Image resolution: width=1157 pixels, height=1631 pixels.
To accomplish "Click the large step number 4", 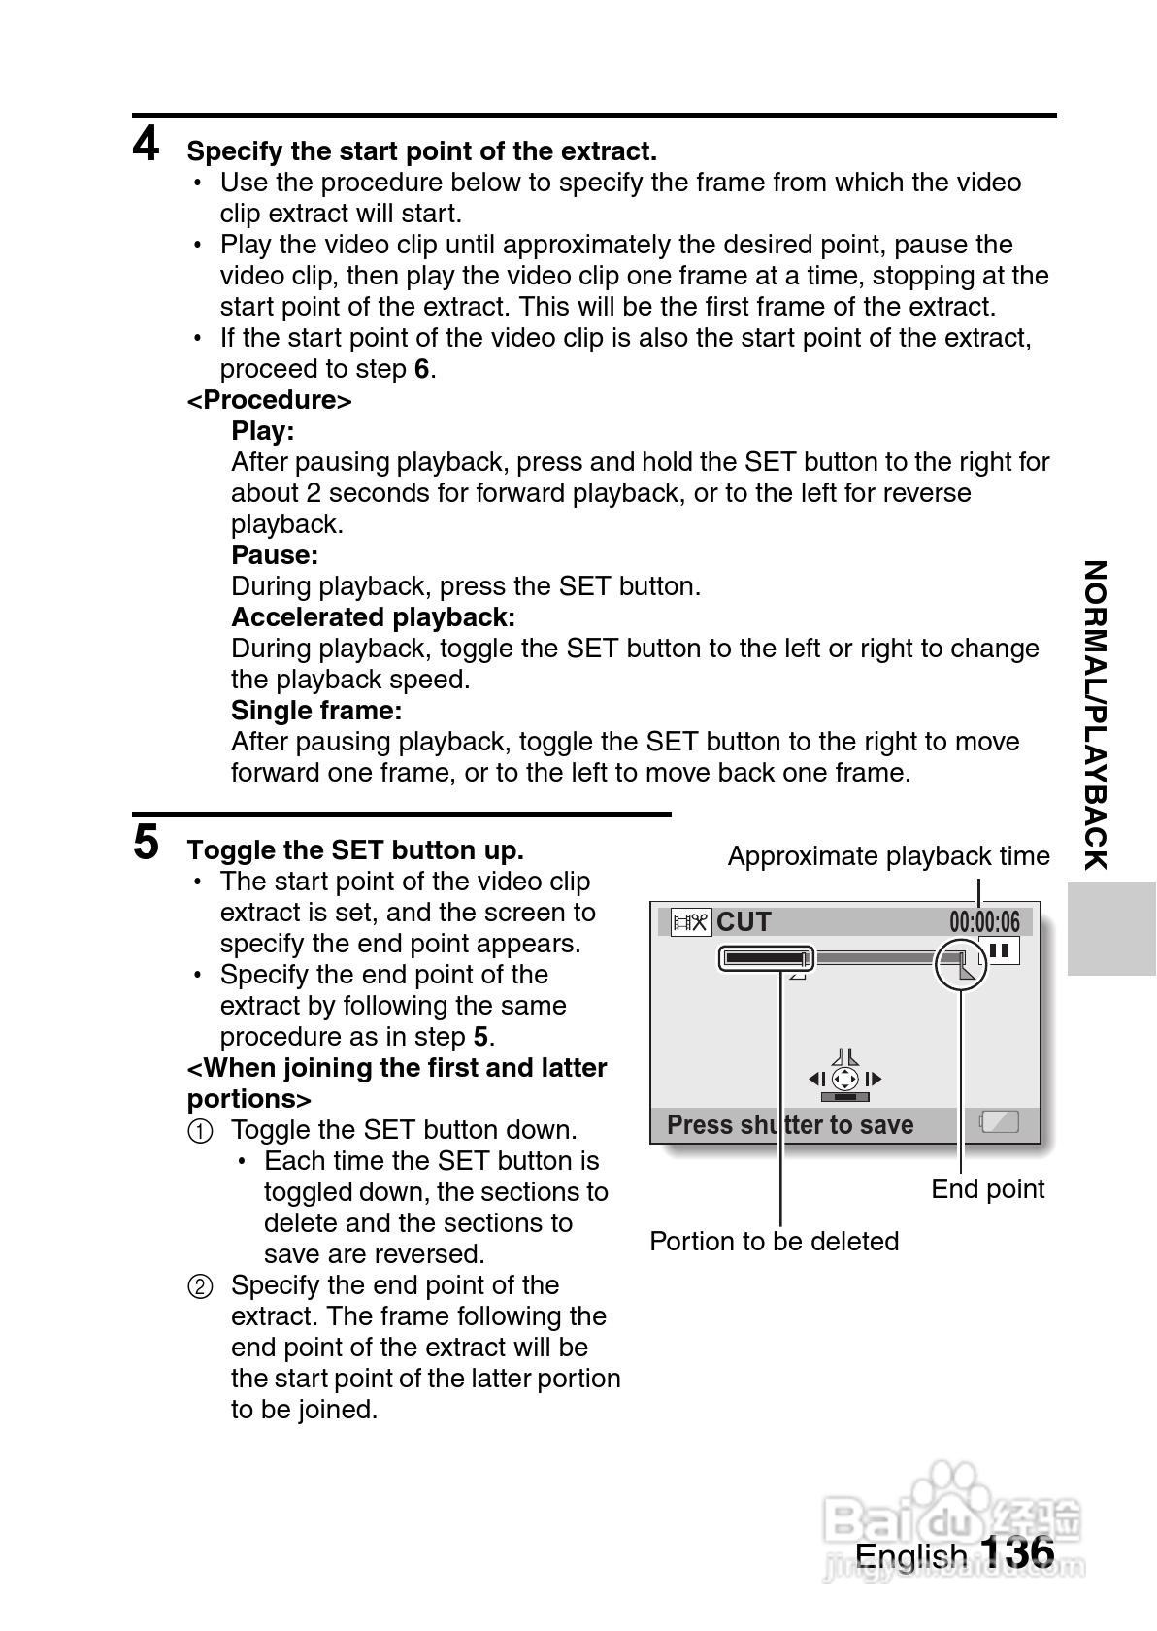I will tap(147, 146).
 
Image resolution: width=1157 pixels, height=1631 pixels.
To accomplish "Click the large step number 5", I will tap(147, 842).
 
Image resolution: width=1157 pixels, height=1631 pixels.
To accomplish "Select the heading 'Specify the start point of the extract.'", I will tap(421, 151).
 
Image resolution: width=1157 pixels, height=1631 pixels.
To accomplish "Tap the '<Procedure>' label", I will tap(269, 400).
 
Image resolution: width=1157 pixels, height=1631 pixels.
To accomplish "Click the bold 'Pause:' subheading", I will tap(275, 555).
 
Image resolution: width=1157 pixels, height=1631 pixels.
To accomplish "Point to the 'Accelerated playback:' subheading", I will tap(373, 617).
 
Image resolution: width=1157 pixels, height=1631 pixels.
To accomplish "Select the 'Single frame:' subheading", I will tap(316, 711).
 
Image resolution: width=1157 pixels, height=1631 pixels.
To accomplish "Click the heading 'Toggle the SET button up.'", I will tap(355, 850).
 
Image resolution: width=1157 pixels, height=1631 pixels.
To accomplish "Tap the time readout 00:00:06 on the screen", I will tap(984, 921).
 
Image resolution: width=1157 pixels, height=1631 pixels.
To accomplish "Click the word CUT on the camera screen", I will tap(744, 921).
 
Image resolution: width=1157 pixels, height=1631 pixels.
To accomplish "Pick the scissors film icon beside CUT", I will tap(691, 921).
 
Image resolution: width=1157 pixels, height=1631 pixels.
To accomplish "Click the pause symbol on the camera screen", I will tap(1000, 950).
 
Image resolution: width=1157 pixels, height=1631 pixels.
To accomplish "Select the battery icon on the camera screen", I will tap(999, 1122).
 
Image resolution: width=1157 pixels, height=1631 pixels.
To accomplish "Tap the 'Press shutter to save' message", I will tap(790, 1125).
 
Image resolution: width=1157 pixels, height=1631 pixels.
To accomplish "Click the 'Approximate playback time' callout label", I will tap(888, 856).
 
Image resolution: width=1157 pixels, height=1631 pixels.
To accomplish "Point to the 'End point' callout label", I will tap(987, 1189).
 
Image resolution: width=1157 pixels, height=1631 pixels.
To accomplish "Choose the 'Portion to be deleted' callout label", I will tap(774, 1242).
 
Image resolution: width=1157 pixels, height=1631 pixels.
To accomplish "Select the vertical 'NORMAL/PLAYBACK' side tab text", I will tap(1095, 715).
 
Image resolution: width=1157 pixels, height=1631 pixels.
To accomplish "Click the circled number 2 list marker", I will tap(198, 1287).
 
